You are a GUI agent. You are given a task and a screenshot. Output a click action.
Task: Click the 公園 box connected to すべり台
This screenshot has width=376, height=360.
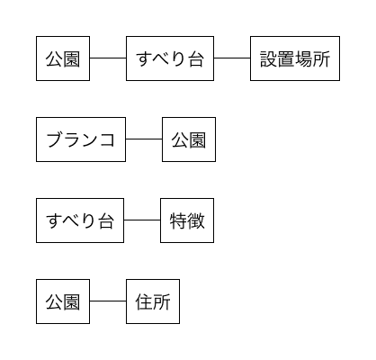(63, 58)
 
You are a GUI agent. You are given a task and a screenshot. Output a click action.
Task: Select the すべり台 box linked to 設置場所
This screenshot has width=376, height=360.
(170, 58)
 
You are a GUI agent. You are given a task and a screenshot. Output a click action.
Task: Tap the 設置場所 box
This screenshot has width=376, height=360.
(295, 58)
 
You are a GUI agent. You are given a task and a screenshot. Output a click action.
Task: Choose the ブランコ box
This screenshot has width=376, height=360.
(81, 139)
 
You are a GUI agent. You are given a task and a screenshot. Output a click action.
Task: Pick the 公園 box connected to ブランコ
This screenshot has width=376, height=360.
(189, 139)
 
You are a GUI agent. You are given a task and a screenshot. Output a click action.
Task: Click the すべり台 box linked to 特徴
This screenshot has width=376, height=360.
(80, 220)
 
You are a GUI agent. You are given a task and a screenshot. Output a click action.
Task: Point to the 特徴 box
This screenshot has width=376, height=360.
(187, 220)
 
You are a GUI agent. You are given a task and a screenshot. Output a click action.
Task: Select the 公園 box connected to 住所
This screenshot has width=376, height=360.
(63, 301)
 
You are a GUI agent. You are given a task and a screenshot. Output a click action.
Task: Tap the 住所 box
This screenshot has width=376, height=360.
(153, 301)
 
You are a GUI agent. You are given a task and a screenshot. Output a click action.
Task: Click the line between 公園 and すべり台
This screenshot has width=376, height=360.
(108, 58)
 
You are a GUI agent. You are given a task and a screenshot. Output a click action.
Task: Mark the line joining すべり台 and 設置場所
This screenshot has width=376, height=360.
(232, 58)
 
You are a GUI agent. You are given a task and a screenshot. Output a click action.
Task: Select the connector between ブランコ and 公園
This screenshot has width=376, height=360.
(144, 139)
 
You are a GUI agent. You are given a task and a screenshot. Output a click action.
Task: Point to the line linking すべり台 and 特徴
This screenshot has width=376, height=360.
(142, 220)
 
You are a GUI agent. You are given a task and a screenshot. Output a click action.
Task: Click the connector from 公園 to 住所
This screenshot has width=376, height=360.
(108, 301)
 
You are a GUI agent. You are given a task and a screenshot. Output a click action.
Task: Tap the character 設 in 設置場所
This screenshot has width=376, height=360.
(269, 58)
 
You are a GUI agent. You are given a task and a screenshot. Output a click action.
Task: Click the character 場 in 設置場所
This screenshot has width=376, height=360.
(304, 58)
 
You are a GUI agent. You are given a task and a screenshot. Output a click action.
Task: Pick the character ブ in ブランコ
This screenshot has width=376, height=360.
(55, 139)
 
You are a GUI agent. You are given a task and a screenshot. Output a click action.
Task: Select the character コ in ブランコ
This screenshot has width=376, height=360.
(107, 140)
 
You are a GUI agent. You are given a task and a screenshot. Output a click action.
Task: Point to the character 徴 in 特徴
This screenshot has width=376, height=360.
(196, 220)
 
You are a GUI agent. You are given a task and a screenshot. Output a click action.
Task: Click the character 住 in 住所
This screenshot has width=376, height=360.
(144, 301)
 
